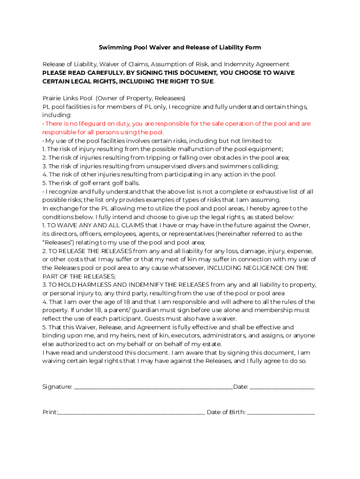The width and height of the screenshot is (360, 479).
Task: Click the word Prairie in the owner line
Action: [x=53, y=98]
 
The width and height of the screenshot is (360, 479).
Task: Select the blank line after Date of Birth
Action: [x=281, y=413]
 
